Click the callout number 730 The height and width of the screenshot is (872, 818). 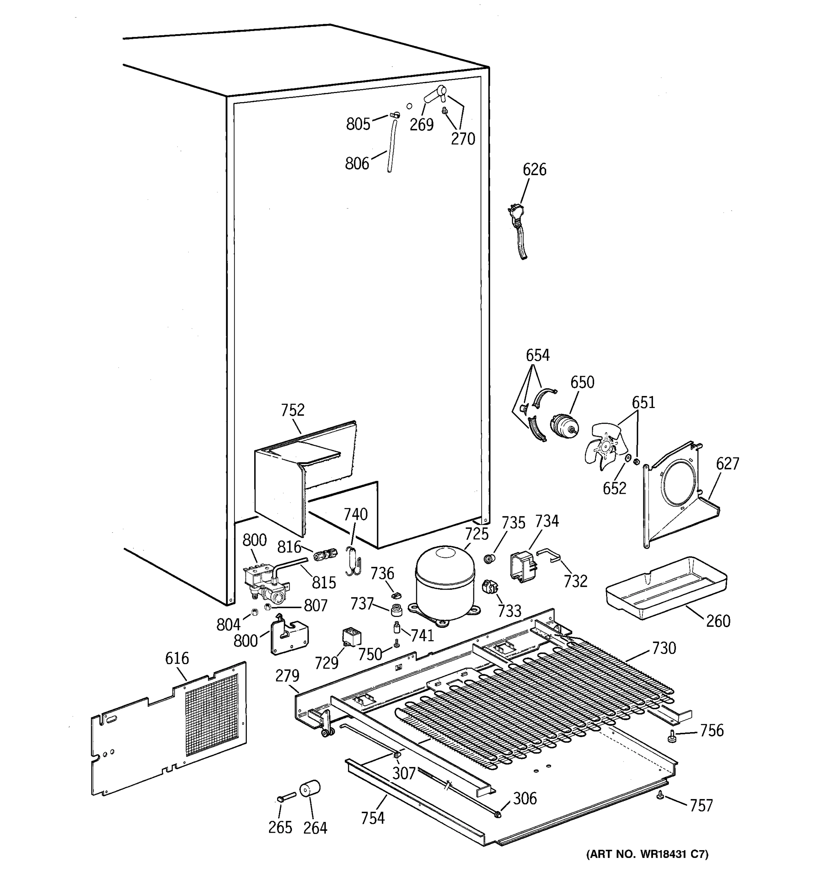(663, 648)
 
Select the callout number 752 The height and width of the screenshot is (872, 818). (292, 410)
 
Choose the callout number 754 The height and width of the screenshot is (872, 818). (373, 818)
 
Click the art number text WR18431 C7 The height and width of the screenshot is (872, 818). (648, 854)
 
